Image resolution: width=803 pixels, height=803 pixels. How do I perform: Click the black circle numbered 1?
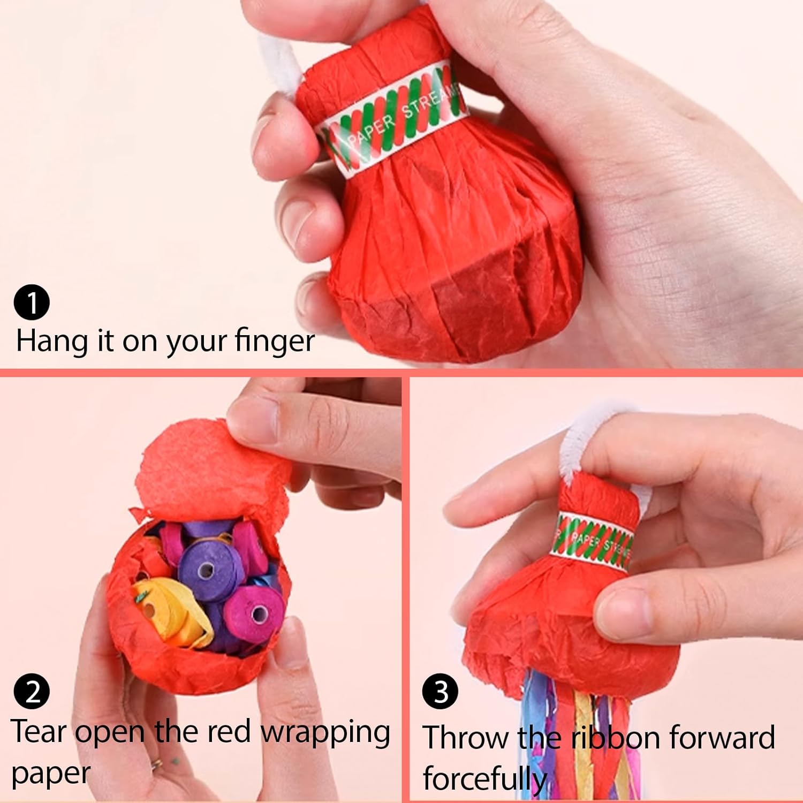pos(32,302)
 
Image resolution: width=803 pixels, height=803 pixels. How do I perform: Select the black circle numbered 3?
pos(440,692)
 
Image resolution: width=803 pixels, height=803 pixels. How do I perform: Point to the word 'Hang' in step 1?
pos(52,342)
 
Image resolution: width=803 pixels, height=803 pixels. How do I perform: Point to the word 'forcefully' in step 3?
pos(484,779)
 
